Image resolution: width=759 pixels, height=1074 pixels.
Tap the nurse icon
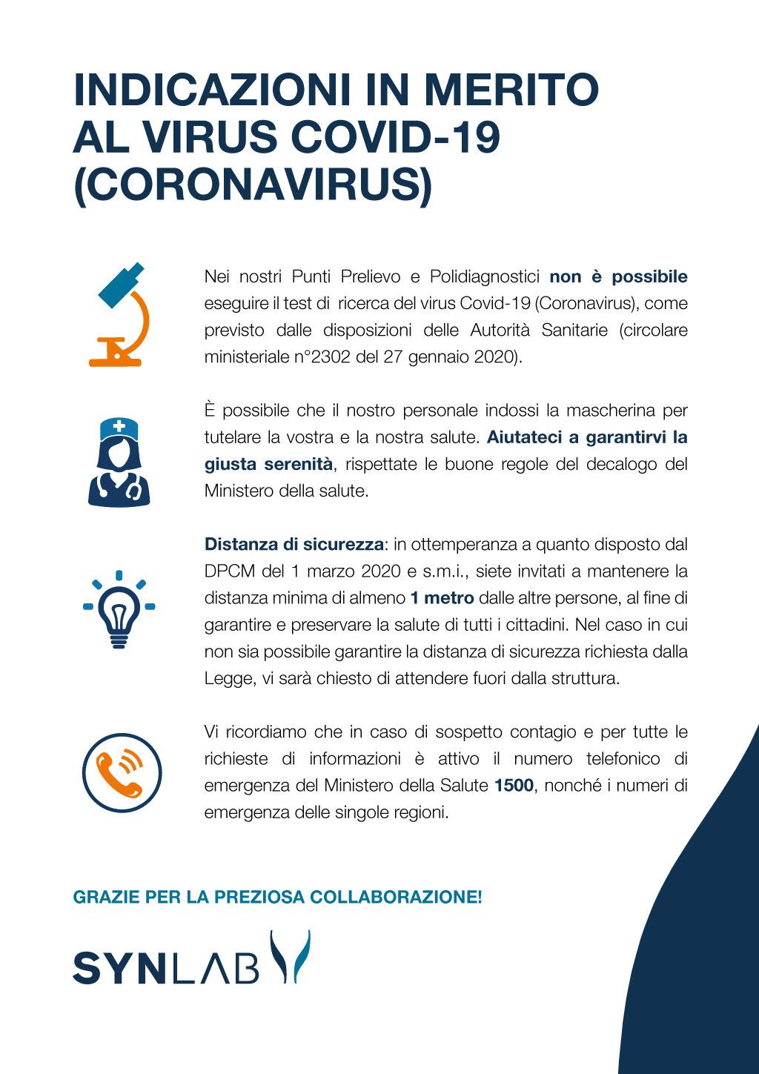click(x=119, y=463)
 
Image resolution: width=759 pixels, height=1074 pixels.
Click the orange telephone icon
click(x=121, y=772)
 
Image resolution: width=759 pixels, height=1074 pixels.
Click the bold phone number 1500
click(x=514, y=786)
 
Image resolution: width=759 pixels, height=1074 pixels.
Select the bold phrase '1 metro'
click(x=442, y=598)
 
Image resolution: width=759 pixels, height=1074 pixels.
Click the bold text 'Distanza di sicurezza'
click(x=294, y=545)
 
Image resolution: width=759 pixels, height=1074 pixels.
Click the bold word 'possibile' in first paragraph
click(x=649, y=277)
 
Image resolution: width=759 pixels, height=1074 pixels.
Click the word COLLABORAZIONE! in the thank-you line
click(x=396, y=897)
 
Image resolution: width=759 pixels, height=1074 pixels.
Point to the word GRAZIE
click(x=106, y=897)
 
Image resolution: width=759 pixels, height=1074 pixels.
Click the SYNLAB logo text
click(x=166, y=967)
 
